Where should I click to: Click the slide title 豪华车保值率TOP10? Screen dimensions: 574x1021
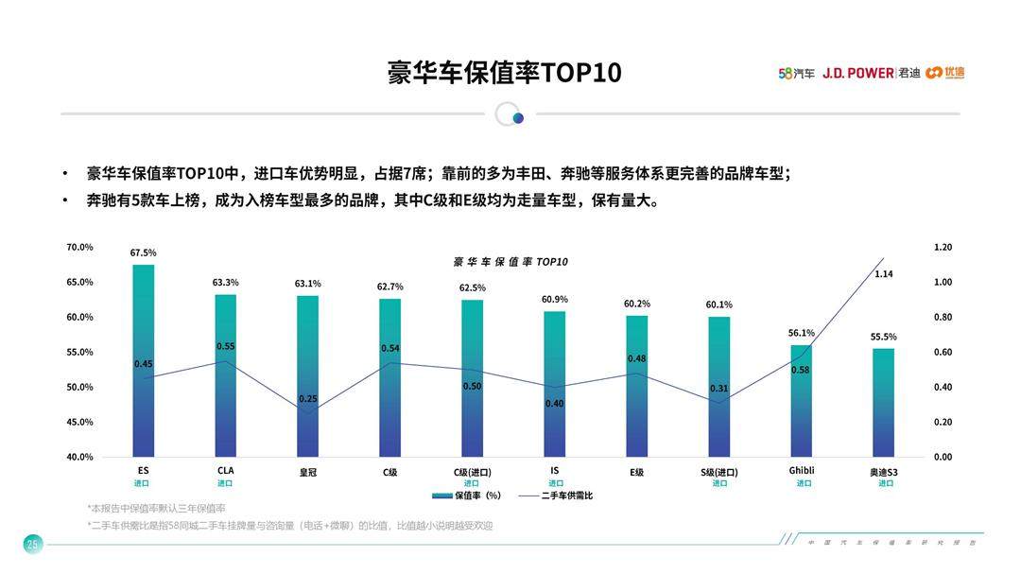click(504, 74)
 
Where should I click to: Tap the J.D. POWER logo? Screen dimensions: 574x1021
click(857, 73)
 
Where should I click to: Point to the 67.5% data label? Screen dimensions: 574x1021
click(144, 252)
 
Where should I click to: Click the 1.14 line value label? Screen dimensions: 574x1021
click(884, 274)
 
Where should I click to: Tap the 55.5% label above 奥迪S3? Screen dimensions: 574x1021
click(884, 337)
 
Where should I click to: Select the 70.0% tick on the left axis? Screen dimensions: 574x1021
click(79, 248)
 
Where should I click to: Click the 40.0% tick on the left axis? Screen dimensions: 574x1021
click(79, 457)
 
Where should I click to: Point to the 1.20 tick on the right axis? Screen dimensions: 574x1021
click(943, 248)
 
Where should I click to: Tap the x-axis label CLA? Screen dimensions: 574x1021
click(225, 471)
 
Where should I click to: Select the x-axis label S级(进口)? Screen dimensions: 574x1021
click(719, 472)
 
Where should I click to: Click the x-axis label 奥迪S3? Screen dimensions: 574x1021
click(884, 472)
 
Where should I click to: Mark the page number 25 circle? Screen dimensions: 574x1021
click(33, 544)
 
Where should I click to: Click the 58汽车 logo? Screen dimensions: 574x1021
click(796, 73)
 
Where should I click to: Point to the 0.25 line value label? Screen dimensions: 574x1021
click(308, 399)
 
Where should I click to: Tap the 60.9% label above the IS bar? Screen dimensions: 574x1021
click(555, 300)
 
